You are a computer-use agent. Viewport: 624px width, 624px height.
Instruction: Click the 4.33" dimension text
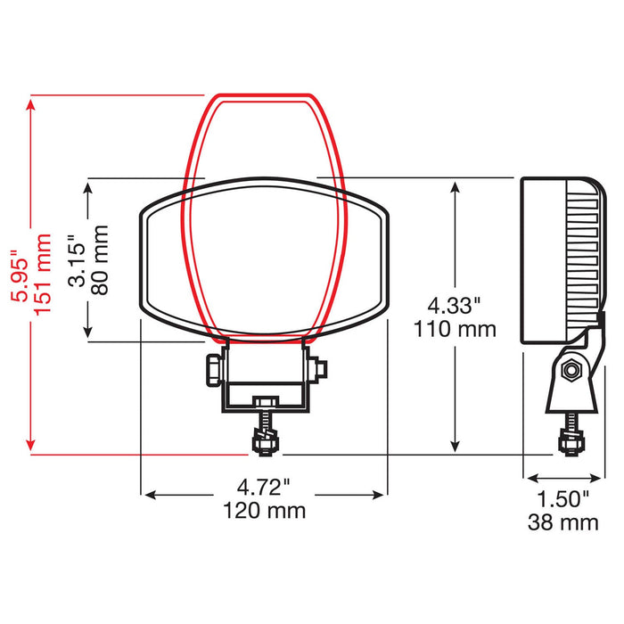pos(454,306)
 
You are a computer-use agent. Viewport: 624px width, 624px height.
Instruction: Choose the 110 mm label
pos(454,329)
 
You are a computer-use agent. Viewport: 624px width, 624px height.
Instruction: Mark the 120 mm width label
pos(264,510)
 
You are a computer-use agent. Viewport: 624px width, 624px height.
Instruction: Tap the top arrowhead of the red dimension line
pos(32,103)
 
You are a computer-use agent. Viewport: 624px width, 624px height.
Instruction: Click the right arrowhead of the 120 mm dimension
pos(381,493)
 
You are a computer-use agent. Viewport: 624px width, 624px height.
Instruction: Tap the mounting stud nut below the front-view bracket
pos(265,439)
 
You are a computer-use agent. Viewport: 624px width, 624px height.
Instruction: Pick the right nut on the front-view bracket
pos(318,368)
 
